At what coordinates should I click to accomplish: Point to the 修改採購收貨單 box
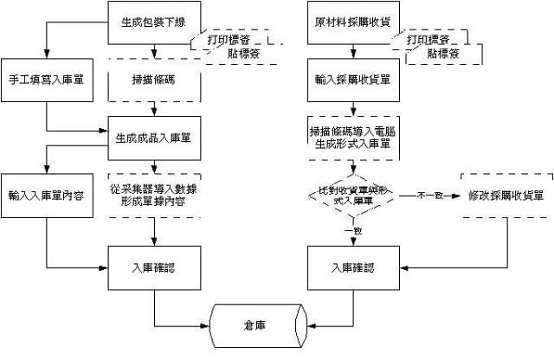[506, 196]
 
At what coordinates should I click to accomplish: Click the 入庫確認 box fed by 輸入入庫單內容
[154, 268]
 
